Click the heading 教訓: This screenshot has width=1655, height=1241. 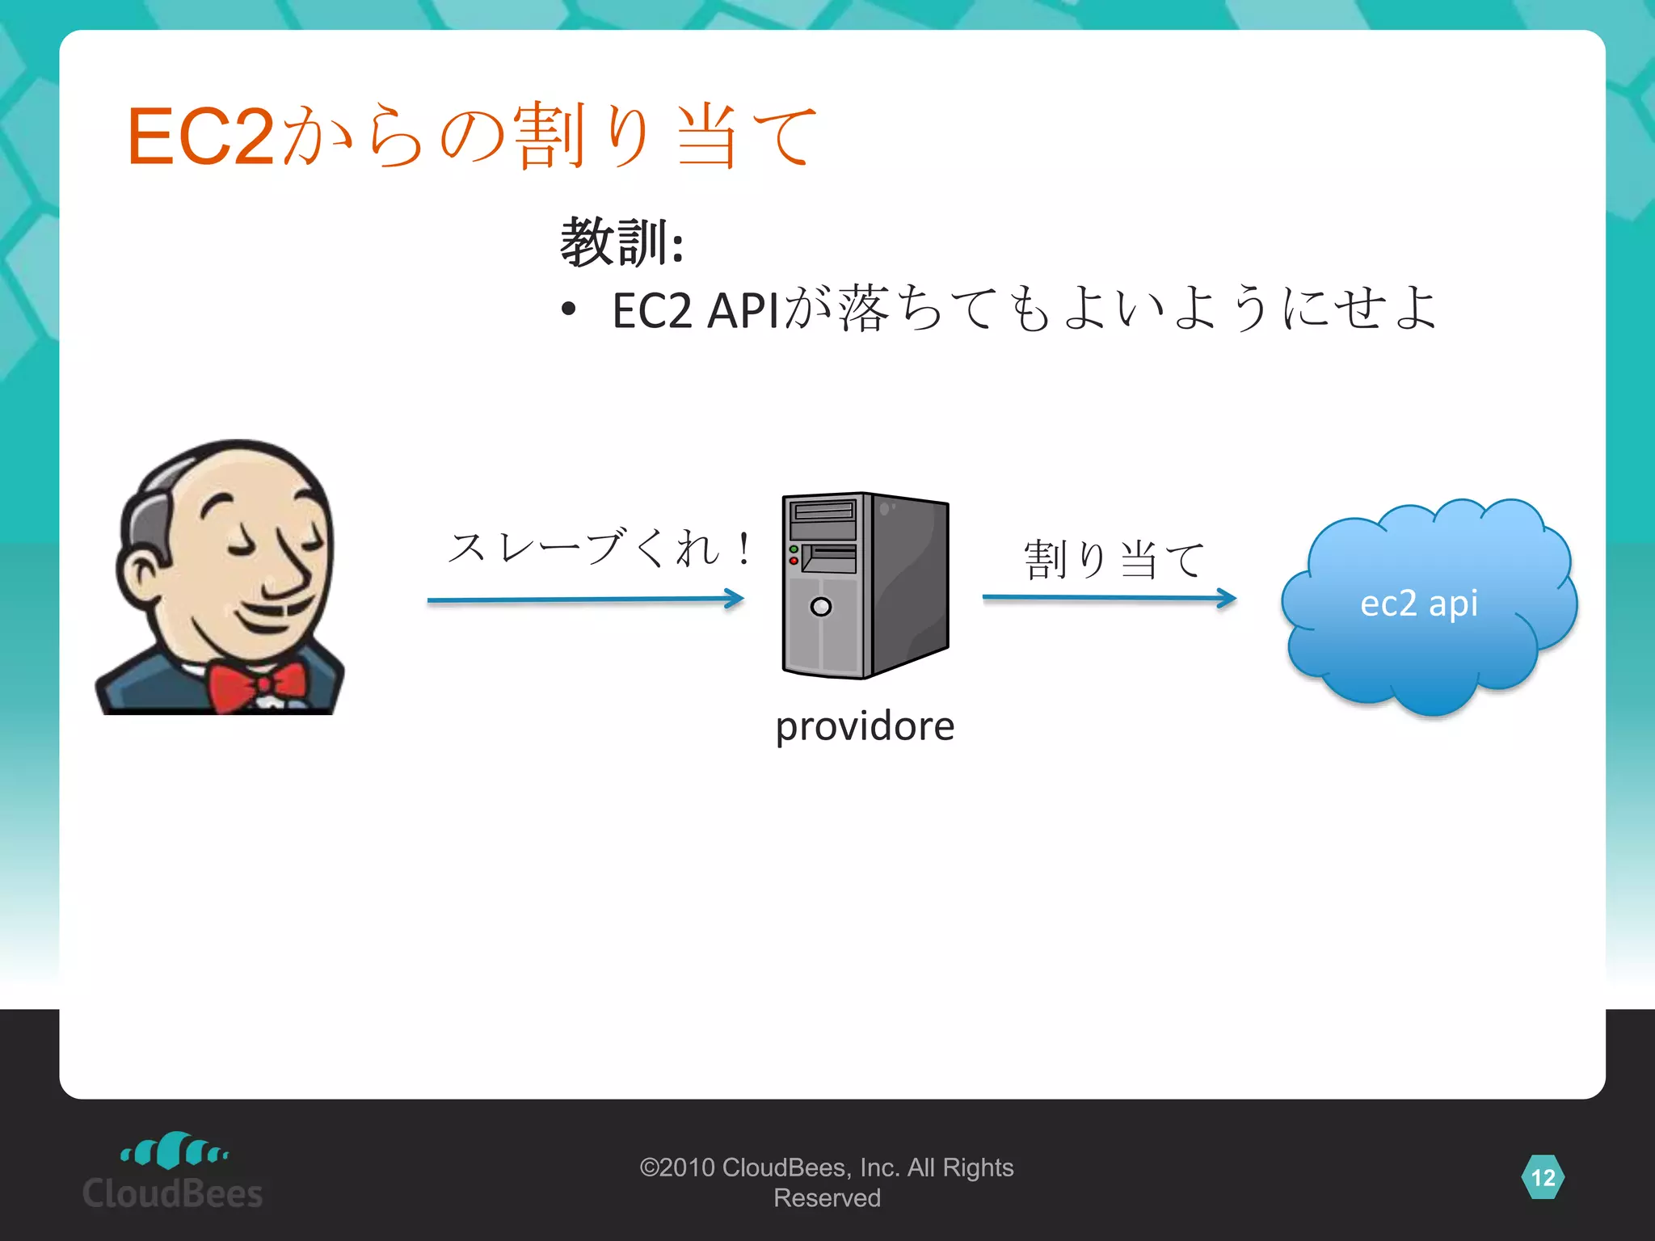pyautogui.click(x=621, y=242)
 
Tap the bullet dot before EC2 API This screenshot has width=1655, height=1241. pyautogui.click(x=569, y=309)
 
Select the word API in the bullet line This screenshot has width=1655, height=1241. pyautogui.click(x=743, y=310)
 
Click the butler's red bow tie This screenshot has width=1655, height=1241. pyautogui.click(x=257, y=685)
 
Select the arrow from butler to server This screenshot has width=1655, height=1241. pyautogui.click(x=585, y=599)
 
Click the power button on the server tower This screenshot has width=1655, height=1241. pyautogui.click(x=821, y=606)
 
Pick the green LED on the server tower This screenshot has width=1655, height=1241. pyautogui.click(x=794, y=549)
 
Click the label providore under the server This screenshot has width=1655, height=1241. pyautogui.click(x=865, y=726)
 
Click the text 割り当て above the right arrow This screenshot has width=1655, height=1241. pyautogui.click(x=1114, y=559)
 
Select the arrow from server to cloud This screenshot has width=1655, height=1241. pyautogui.click(x=1109, y=598)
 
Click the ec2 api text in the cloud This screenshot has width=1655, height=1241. pyautogui.click(x=1419, y=603)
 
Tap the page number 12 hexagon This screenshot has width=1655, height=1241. pyautogui.click(x=1543, y=1177)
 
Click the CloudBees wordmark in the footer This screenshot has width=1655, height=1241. pyautogui.click(x=173, y=1193)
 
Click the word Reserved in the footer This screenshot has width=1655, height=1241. pyautogui.click(x=827, y=1198)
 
